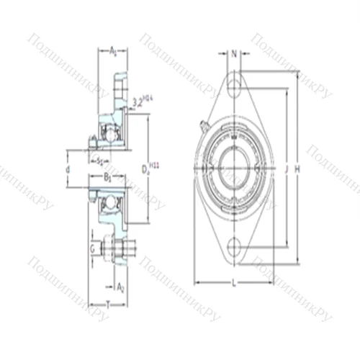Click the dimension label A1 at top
coord(114,50)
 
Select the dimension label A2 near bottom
coord(120,286)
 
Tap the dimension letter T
coord(108,305)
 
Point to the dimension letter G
coord(91,248)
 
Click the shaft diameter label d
coord(67,169)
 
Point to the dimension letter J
coord(287,169)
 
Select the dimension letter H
coord(297,169)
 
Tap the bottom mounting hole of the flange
coord(235,248)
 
